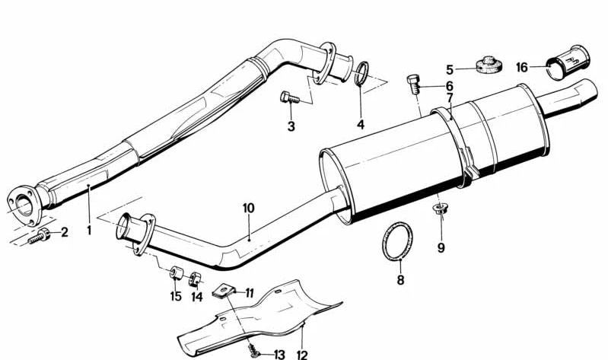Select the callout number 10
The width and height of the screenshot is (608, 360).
(247, 207)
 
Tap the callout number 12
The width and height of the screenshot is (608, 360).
(302, 354)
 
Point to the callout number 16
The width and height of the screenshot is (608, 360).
(521, 67)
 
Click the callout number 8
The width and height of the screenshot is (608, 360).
(400, 279)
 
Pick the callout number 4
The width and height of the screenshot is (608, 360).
(361, 124)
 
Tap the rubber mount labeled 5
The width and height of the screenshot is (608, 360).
(487, 64)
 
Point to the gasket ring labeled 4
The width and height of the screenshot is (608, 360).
(363, 75)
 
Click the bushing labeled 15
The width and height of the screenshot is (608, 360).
(175, 271)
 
